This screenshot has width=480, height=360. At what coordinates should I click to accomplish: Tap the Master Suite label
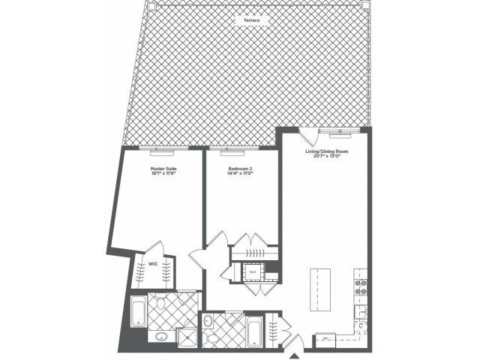click(x=163, y=169)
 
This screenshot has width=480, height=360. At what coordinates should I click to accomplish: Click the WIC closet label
click(x=152, y=264)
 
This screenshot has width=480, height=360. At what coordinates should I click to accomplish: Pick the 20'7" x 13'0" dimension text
click(x=326, y=157)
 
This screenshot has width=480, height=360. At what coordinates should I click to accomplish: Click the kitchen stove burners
click(x=359, y=283)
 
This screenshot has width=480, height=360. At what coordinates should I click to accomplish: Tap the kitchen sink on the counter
click(x=360, y=311)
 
